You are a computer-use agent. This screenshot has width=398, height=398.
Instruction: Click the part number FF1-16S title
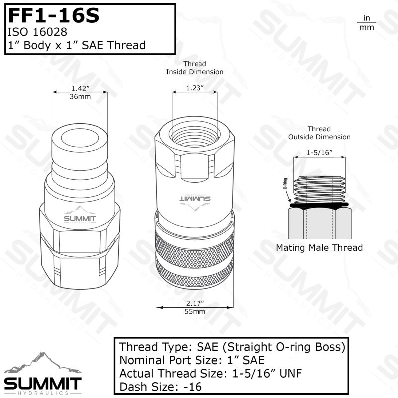[x=54, y=16]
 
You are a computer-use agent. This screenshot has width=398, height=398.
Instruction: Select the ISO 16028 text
[x=37, y=32]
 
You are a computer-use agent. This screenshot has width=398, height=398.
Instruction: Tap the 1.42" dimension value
[x=80, y=88]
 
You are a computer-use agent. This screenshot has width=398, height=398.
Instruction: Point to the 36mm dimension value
[x=80, y=96]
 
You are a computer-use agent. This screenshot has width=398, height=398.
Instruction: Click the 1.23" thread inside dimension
[x=195, y=88]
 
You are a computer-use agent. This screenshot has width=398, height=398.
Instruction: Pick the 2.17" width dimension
[x=195, y=303]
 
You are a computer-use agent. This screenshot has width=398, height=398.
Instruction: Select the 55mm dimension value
[x=195, y=311]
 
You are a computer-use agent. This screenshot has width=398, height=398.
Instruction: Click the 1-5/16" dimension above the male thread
[x=319, y=153]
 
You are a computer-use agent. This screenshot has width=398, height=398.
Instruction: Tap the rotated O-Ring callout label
[x=285, y=183]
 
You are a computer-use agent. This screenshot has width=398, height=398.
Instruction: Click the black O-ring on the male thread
[x=319, y=206]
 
